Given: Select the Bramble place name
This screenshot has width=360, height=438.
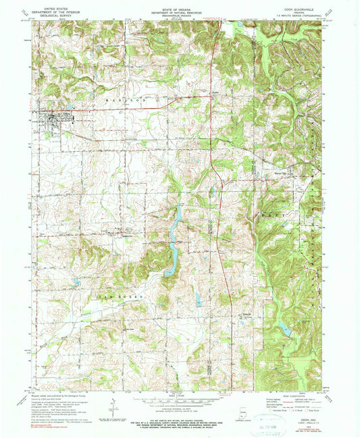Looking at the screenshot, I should [x=248, y=314].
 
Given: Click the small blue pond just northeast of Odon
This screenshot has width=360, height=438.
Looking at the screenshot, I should [x=69, y=107].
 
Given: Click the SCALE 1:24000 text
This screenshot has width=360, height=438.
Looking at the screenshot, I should [x=179, y=395].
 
